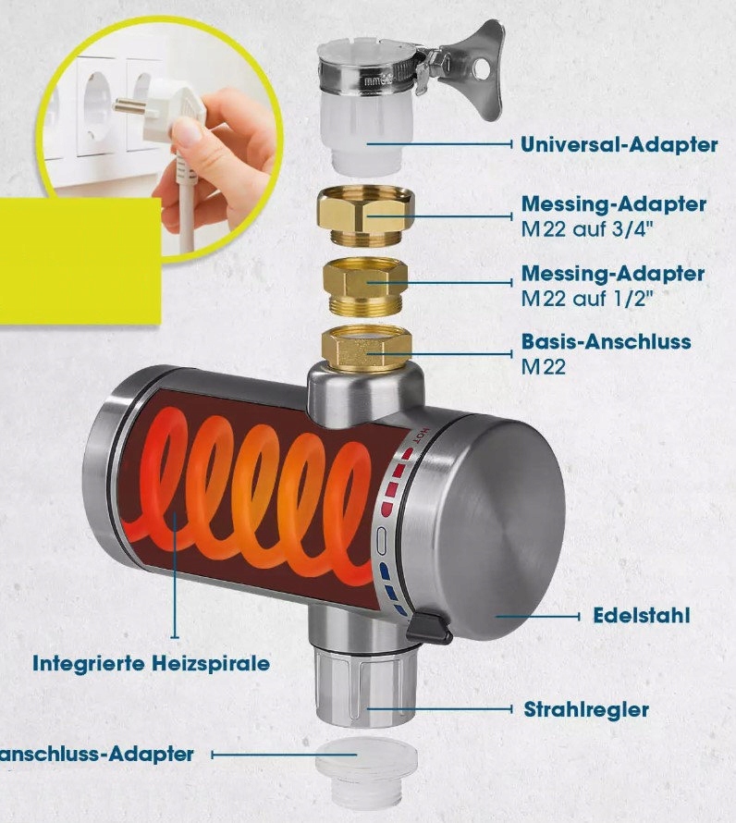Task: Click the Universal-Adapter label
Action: (x=619, y=144)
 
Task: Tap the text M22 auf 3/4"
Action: (x=587, y=229)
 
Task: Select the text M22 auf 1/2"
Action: (x=587, y=299)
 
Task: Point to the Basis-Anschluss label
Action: (x=606, y=342)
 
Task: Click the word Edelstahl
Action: (x=642, y=616)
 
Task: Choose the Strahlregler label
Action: (x=586, y=709)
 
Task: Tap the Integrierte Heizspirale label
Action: (x=152, y=663)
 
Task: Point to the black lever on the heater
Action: (x=429, y=628)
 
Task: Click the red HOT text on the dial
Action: (x=423, y=436)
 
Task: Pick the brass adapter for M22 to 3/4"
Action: (x=366, y=215)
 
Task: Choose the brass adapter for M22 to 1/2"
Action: (x=365, y=286)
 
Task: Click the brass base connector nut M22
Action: (x=366, y=348)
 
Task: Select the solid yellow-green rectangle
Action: (x=79, y=261)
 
